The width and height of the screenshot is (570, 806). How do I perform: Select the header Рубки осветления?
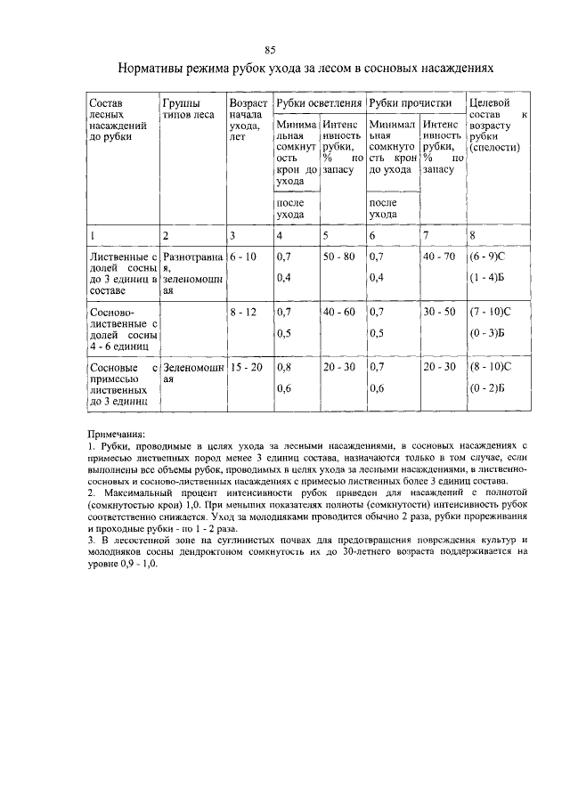click(318, 104)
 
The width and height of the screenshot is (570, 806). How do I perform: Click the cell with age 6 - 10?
click(243, 256)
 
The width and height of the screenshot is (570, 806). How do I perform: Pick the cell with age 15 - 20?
click(246, 367)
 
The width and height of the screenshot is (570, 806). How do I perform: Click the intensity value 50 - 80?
click(339, 256)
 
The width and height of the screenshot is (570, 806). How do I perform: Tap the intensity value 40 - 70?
click(439, 256)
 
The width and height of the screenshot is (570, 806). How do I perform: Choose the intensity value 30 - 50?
click(439, 313)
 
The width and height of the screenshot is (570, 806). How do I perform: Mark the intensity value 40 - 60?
click(339, 313)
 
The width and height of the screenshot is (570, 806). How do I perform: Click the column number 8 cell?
click(473, 236)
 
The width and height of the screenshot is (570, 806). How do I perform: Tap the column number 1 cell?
click(93, 236)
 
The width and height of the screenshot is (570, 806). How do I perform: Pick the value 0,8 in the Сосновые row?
click(284, 367)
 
